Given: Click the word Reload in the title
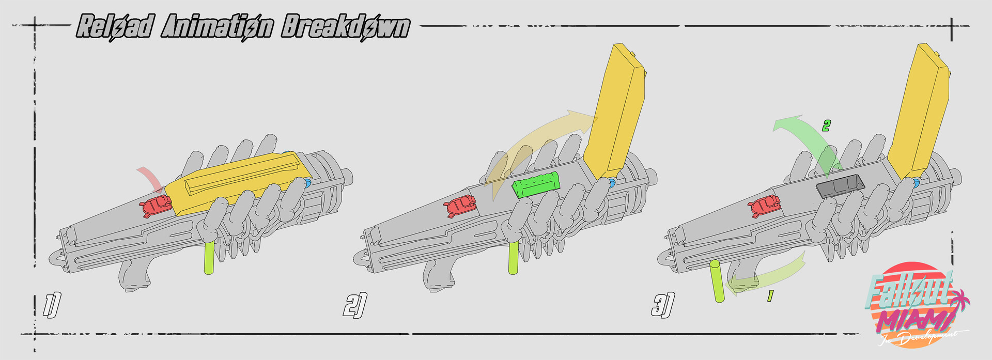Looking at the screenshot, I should [115, 26].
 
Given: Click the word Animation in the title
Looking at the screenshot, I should [217, 26].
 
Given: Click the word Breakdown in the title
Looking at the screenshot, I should [345, 26].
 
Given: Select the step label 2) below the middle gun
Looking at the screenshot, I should [355, 305].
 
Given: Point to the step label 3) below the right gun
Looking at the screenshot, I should [662, 305].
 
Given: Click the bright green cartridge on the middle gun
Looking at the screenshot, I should [536, 185].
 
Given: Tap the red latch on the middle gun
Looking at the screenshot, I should [460, 206].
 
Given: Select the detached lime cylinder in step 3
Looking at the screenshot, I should [717, 281].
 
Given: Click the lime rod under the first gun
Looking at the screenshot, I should [209, 258].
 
